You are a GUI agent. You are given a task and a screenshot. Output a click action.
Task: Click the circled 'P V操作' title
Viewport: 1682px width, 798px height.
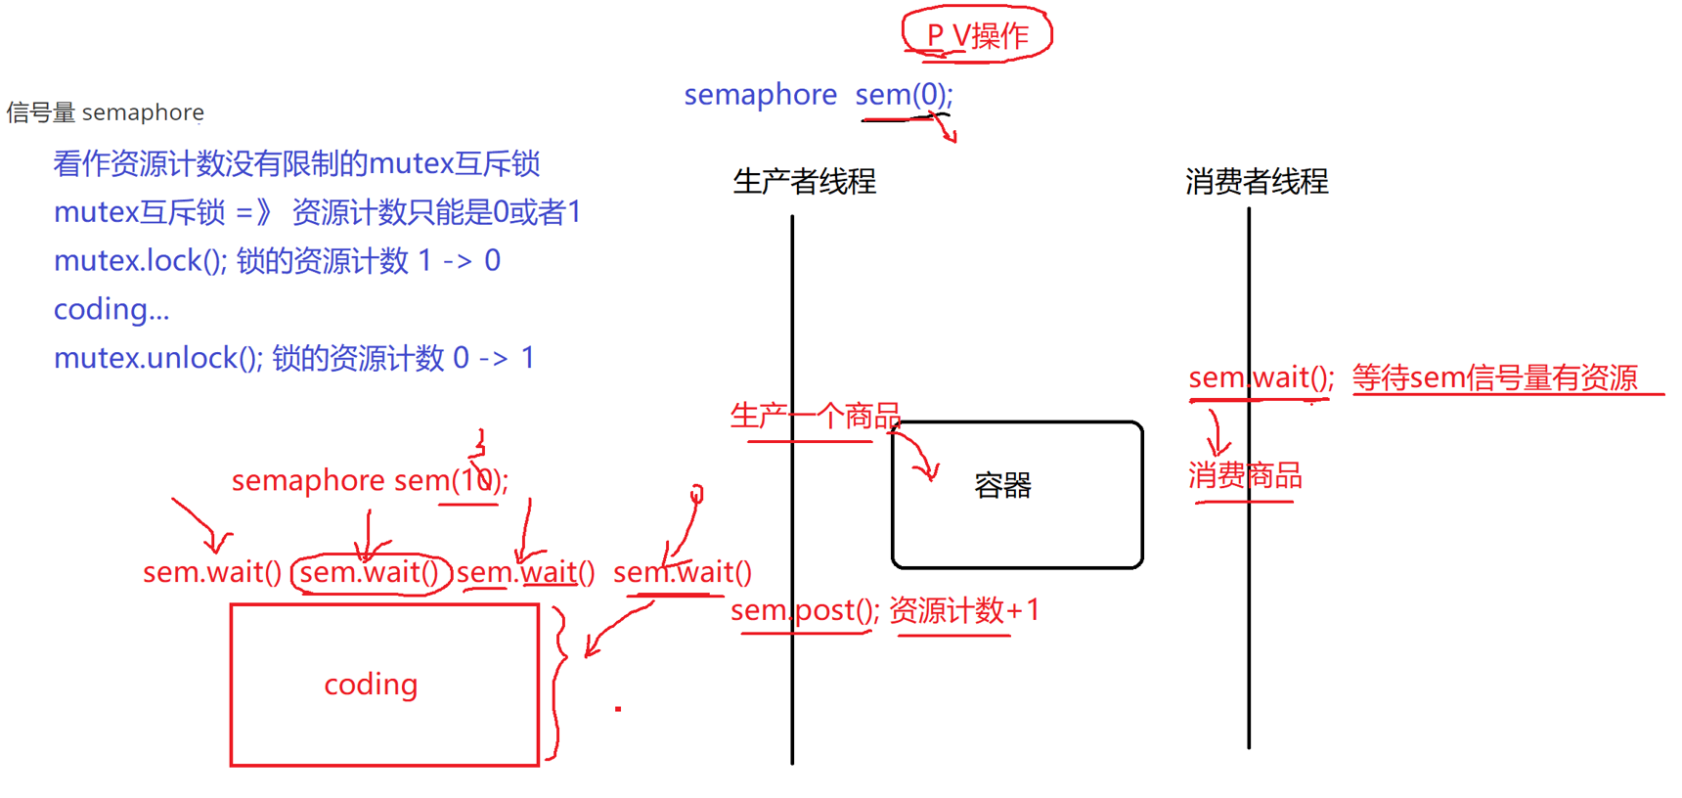pos(977,35)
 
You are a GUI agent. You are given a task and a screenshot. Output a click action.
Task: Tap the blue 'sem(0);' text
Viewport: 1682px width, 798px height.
pos(903,95)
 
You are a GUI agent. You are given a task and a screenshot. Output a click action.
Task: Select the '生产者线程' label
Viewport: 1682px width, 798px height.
pos(804,182)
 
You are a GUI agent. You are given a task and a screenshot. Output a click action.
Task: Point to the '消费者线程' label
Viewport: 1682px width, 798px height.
pos(1257,182)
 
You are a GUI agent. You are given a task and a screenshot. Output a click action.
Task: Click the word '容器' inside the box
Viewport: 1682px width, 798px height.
pos(1002,485)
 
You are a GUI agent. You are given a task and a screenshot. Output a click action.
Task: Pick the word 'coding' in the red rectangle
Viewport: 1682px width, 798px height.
pos(371,685)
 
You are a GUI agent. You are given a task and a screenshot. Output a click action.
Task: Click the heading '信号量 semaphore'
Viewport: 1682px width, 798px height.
pos(105,112)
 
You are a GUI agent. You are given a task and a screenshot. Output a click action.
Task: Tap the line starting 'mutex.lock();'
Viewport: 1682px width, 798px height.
pos(277,261)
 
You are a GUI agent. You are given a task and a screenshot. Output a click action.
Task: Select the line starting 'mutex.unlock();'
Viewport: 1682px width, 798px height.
pos(293,358)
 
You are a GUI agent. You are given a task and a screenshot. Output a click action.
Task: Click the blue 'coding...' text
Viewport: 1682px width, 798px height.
pos(111,310)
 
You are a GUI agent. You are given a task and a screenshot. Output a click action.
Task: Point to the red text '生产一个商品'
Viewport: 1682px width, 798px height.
pos(815,417)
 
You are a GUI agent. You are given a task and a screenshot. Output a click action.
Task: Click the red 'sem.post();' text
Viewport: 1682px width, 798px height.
pos(804,611)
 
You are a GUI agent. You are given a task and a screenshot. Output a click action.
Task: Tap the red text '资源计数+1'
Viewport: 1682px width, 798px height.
pos(963,611)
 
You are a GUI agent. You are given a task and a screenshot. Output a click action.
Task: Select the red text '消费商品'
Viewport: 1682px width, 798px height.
pos(1245,476)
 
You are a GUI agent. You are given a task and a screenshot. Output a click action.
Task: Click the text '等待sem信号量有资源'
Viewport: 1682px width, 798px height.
pos(1494,378)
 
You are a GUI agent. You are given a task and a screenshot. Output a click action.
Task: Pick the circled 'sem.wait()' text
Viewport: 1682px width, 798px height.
pos(370,573)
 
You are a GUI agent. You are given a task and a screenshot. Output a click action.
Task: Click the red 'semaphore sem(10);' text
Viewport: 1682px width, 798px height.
pos(370,481)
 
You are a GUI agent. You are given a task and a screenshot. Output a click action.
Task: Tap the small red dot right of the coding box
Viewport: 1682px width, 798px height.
pos(618,708)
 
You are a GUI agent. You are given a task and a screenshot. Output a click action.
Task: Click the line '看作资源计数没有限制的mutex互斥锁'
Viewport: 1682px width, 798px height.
pos(296,163)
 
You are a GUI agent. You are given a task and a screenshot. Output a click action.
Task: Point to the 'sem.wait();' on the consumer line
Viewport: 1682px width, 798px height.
pos(1261,378)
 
